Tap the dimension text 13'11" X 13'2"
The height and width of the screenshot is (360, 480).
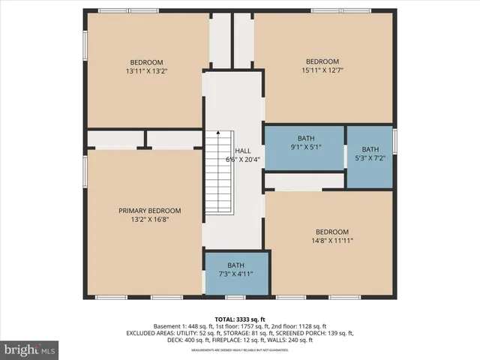146,72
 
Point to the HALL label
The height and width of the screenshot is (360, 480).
243,150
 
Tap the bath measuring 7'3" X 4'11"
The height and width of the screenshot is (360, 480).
236,270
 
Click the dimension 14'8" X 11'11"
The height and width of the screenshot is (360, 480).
331,241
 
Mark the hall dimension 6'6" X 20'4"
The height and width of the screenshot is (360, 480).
243,159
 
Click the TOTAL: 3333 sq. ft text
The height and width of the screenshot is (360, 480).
240,319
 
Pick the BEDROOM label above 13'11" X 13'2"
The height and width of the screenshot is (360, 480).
146,62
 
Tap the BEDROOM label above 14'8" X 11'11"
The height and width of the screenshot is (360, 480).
331,231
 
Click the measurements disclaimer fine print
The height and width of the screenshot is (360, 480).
240,349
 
